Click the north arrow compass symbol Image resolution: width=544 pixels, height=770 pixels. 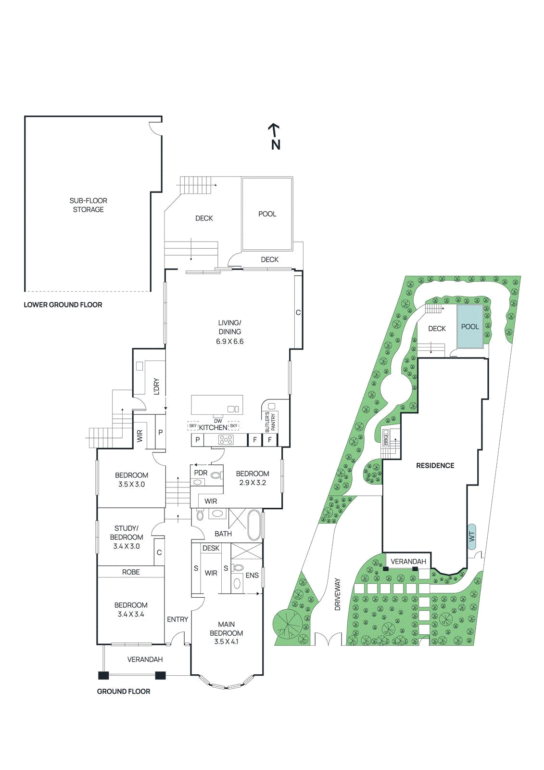click(275, 137)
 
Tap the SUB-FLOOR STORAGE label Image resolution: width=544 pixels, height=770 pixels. click(89, 205)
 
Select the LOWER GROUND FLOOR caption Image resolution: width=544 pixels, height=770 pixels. click(63, 305)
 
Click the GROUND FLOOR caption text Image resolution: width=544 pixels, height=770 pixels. click(124, 691)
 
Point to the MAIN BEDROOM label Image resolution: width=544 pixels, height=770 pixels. click(226, 629)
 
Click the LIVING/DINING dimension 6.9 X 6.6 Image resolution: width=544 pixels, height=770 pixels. click(229, 342)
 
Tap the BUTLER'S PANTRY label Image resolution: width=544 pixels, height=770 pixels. click(270, 422)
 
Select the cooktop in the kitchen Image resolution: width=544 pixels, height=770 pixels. click(226, 439)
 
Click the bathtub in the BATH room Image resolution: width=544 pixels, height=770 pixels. click(254, 526)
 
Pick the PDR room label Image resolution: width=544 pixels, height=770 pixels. click(201, 473)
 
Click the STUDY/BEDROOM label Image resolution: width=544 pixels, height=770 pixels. click(127, 533)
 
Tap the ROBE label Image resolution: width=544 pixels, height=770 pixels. click(131, 572)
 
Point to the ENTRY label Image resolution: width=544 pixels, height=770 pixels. click(177, 619)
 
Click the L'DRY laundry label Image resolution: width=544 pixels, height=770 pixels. click(156, 386)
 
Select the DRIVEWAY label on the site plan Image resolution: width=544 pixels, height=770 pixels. click(337, 594)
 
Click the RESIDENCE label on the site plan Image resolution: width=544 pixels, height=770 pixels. click(435, 465)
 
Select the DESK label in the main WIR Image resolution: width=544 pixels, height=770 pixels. click(211, 548)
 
